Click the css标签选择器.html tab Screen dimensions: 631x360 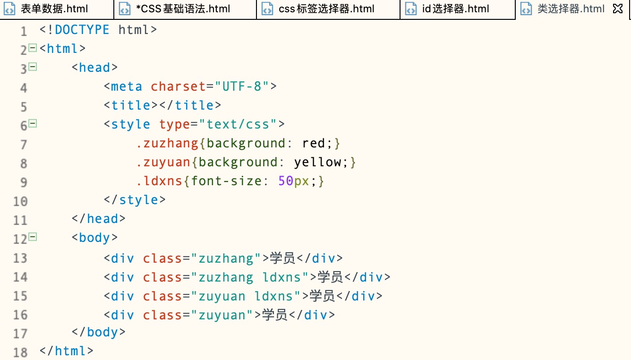(326, 9)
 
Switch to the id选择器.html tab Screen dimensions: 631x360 (455, 9)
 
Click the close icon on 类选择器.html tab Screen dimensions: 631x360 (617, 9)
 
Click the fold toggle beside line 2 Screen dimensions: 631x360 (33, 48)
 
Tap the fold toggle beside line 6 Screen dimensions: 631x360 (33, 124)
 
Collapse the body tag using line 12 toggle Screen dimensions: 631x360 (33, 237)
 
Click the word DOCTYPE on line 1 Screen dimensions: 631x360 (82, 30)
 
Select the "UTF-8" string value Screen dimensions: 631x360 (242, 86)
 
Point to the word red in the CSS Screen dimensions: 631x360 (314, 143)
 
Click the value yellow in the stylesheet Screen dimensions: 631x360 (317, 162)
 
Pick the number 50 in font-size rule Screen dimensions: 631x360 (286, 181)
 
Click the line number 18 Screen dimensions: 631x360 (20, 352)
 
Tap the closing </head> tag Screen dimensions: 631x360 (98, 219)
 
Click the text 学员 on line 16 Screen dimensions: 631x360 (274, 315)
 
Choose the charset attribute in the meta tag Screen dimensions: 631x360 (179, 86)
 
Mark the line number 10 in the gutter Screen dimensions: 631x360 (20, 201)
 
